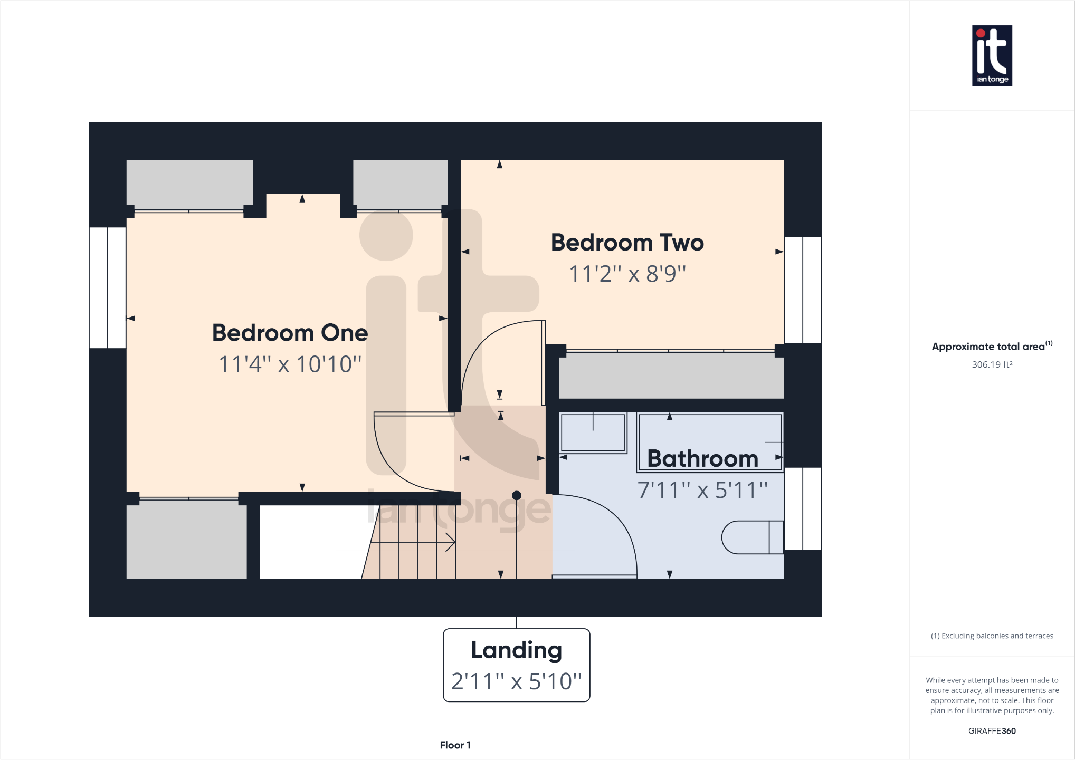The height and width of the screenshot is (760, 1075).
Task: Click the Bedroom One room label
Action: tap(290, 333)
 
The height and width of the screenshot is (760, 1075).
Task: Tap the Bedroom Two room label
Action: tap(627, 243)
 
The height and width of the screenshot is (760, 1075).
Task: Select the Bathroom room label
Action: tap(702, 458)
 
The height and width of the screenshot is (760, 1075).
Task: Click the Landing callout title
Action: tap(516, 650)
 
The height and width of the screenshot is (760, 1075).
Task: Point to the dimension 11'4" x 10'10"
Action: tap(290, 364)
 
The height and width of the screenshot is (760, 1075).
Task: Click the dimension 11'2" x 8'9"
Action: tap(627, 274)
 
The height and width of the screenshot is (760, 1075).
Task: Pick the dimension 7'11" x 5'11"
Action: tap(702, 489)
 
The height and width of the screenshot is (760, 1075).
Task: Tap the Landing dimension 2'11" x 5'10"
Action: tap(516, 681)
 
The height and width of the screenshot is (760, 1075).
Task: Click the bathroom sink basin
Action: tap(593, 432)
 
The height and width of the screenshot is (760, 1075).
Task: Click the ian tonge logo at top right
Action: tap(992, 55)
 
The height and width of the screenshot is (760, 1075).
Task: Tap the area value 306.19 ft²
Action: tap(992, 364)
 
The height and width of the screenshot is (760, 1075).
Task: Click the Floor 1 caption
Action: tap(455, 745)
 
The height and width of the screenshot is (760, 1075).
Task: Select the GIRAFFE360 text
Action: tap(992, 730)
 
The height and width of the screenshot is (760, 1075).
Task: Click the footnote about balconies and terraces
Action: tap(992, 636)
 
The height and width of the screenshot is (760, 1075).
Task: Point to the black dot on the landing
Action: tap(517, 495)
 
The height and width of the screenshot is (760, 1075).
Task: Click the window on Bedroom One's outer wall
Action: tap(108, 287)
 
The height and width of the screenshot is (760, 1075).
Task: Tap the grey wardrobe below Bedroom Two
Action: tap(671, 376)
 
